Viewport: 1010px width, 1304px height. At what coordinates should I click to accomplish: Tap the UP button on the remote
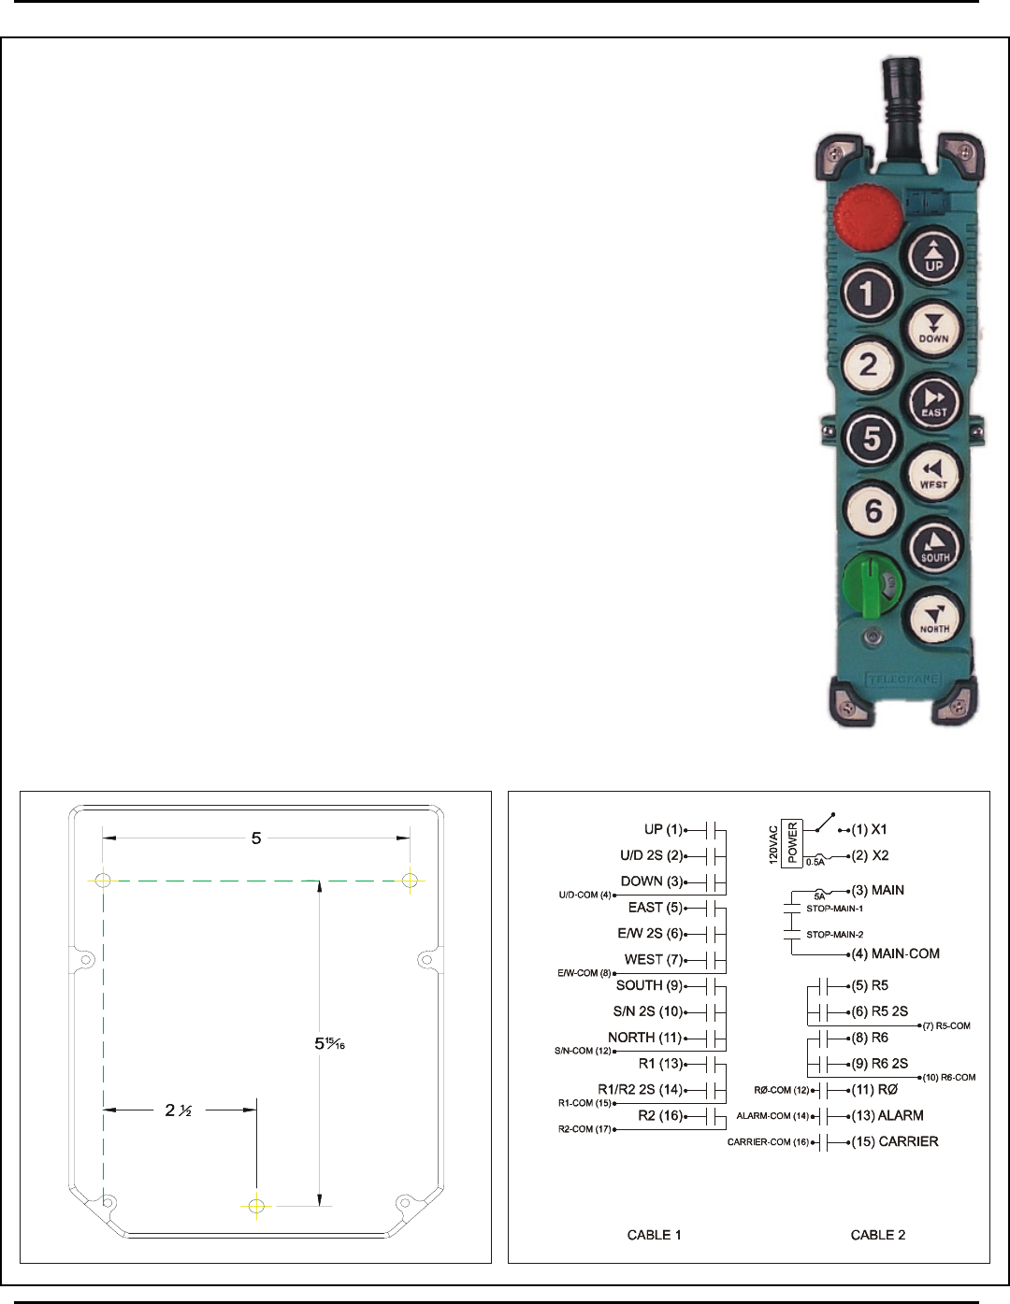tap(933, 255)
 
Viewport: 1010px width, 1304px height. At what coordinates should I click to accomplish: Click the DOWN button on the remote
tap(933, 328)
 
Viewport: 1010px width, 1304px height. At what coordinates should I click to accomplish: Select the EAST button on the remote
tap(933, 402)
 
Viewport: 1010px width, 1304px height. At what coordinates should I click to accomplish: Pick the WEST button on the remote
tap(933, 475)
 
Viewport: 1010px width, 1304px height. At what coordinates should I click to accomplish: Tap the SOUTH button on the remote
tap(933, 547)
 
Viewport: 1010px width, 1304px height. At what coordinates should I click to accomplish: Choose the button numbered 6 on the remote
tap(873, 510)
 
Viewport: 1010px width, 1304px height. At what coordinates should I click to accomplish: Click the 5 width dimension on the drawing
tap(256, 838)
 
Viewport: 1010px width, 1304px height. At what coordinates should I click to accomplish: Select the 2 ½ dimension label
tap(179, 1111)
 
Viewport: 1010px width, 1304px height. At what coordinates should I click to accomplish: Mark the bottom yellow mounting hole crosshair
tap(256, 1206)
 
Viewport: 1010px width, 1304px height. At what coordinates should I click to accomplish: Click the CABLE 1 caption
tap(655, 1235)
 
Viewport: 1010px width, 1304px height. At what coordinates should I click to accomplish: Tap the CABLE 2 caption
tap(878, 1235)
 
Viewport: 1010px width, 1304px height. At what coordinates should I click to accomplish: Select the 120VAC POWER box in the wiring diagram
tap(792, 842)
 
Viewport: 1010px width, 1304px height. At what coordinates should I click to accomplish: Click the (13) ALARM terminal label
tap(887, 1115)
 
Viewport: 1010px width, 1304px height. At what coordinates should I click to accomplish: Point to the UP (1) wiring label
tap(664, 829)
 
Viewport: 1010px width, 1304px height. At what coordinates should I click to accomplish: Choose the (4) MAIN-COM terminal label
tap(895, 953)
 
